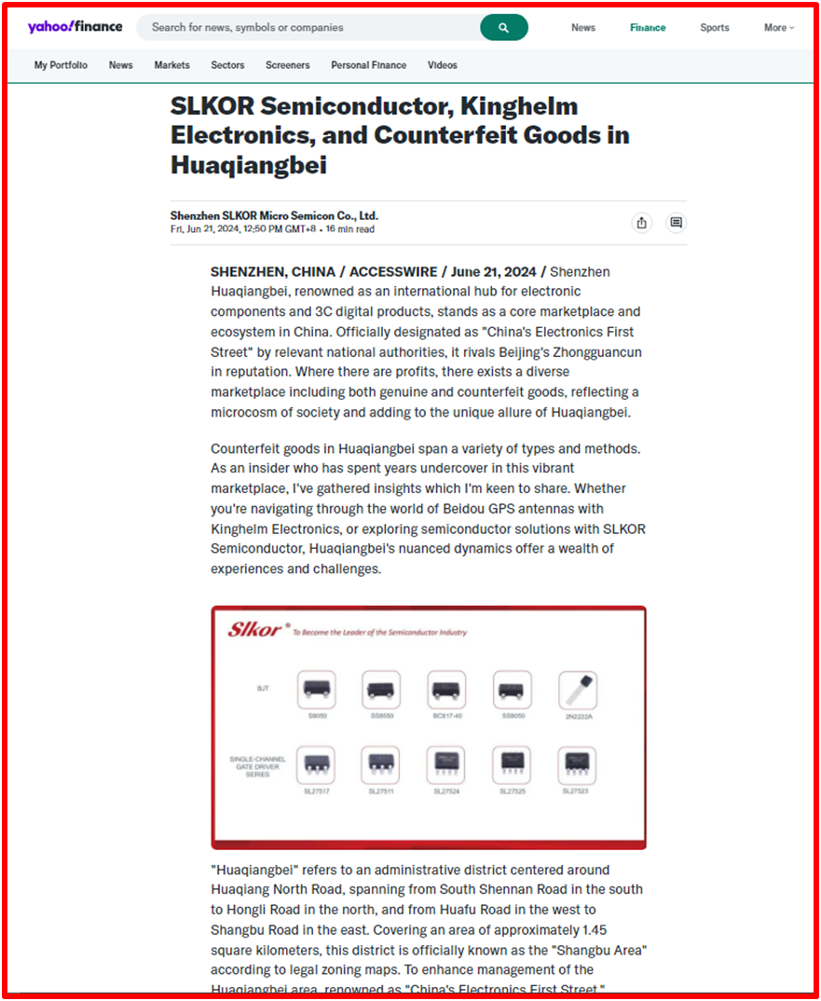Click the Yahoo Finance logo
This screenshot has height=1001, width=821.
75,27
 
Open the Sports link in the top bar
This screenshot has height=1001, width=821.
715,28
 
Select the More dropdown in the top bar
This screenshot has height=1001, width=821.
779,28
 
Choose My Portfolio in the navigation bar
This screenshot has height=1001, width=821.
61,65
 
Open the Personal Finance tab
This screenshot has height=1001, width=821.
368,65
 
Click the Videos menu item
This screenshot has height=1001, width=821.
443,65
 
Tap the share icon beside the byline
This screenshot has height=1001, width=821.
641,223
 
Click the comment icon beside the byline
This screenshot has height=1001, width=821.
677,223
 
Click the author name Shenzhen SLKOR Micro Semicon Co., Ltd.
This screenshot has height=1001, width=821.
274,215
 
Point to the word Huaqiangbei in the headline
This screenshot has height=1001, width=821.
248,165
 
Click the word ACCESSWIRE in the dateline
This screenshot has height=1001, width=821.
393,272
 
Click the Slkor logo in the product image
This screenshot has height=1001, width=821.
254,630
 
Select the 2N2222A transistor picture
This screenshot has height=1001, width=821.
577,690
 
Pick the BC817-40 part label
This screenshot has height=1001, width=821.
446,716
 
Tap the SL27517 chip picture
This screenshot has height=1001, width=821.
316,764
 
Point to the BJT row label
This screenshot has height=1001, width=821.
263,689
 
